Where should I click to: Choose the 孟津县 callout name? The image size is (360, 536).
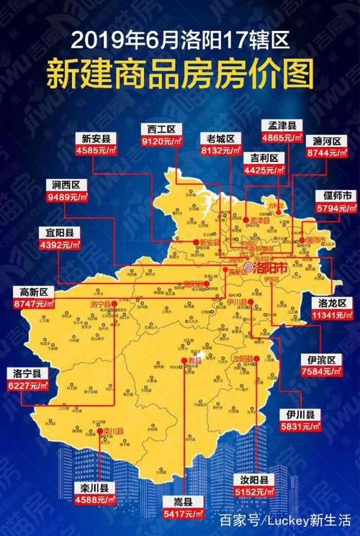pyautogui.click(x=279, y=123)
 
